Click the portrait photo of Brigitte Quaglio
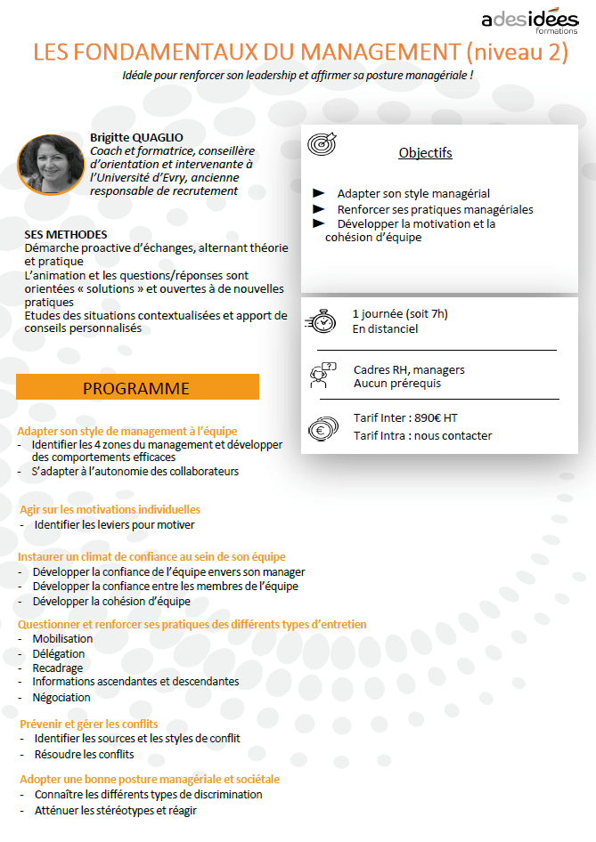[45, 163]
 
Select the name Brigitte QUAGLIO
[136, 137]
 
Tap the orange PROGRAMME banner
[136, 388]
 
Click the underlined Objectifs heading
[425, 153]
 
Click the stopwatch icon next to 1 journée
[321, 320]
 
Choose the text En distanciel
[385, 329]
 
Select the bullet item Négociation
[61, 697]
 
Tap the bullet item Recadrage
[58, 668]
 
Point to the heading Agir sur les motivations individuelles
[110, 509]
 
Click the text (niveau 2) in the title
[514, 52]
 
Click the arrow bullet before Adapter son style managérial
[319, 193]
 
